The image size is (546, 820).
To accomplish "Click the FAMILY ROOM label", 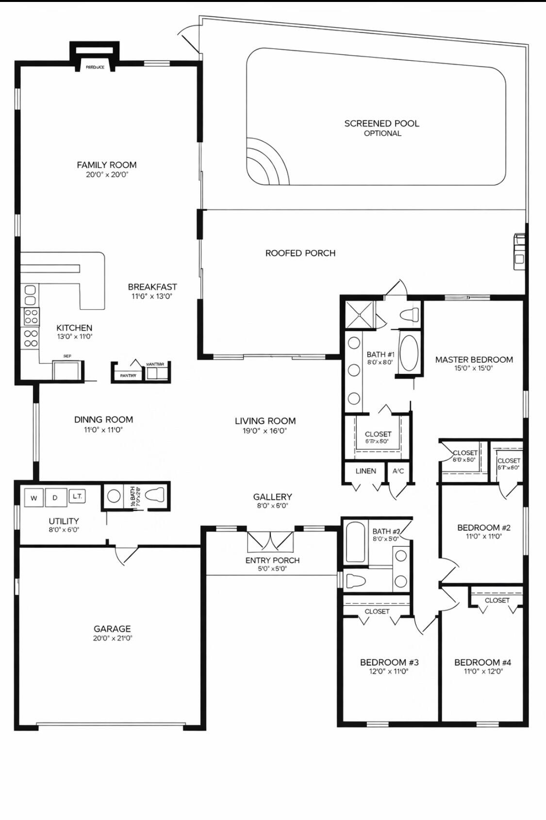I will point(106,165).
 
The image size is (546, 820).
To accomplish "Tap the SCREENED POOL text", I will point(381,124).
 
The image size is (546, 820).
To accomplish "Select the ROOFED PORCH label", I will point(300,253).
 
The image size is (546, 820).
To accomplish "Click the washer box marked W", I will point(33,498).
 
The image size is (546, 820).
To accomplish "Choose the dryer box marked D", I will point(55,498).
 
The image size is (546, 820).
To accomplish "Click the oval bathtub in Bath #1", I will point(409,353).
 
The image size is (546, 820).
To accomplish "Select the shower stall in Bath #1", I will point(360,315).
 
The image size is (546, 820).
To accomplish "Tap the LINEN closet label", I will point(365,471).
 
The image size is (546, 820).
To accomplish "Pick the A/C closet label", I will point(398,471).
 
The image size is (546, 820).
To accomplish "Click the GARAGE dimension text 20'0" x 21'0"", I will point(113,638).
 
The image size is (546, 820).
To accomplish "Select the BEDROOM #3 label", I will point(389,662).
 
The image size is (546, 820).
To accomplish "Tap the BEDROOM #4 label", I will point(482,662).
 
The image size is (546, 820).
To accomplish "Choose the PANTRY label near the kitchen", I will point(128,375).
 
